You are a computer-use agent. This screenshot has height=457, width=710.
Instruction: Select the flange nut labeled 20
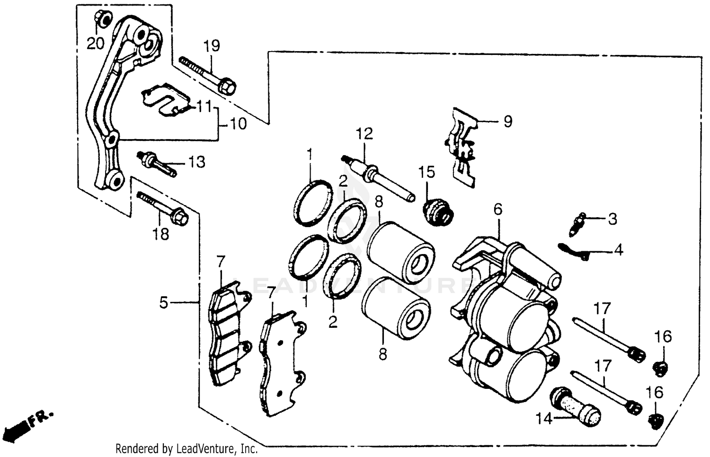(103, 19)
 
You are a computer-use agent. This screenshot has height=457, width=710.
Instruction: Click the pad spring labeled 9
(461, 147)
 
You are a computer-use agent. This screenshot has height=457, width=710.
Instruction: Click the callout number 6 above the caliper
(497, 209)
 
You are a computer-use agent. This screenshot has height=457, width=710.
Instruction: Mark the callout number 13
(196, 162)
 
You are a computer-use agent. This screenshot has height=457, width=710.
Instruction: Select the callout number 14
(544, 419)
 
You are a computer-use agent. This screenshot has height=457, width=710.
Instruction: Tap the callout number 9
(507, 122)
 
